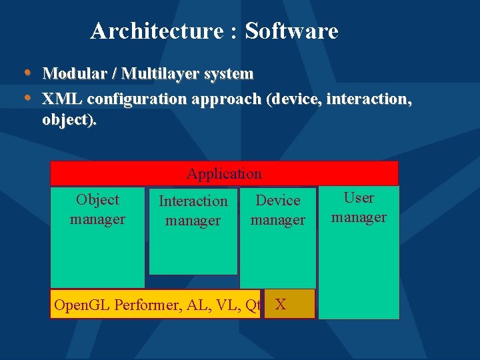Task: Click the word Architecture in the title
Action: point(157,31)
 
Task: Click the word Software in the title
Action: point(291,31)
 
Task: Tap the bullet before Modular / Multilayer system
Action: point(27,71)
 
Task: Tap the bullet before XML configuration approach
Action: point(27,97)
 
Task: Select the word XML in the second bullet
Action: point(62,99)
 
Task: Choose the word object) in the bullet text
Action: point(69,120)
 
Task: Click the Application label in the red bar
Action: point(224,174)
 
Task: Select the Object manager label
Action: point(97,209)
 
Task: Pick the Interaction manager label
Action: point(193,211)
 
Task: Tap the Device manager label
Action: point(278,210)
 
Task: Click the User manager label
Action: point(359,207)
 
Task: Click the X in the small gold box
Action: point(281,305)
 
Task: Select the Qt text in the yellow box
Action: point(252,306)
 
